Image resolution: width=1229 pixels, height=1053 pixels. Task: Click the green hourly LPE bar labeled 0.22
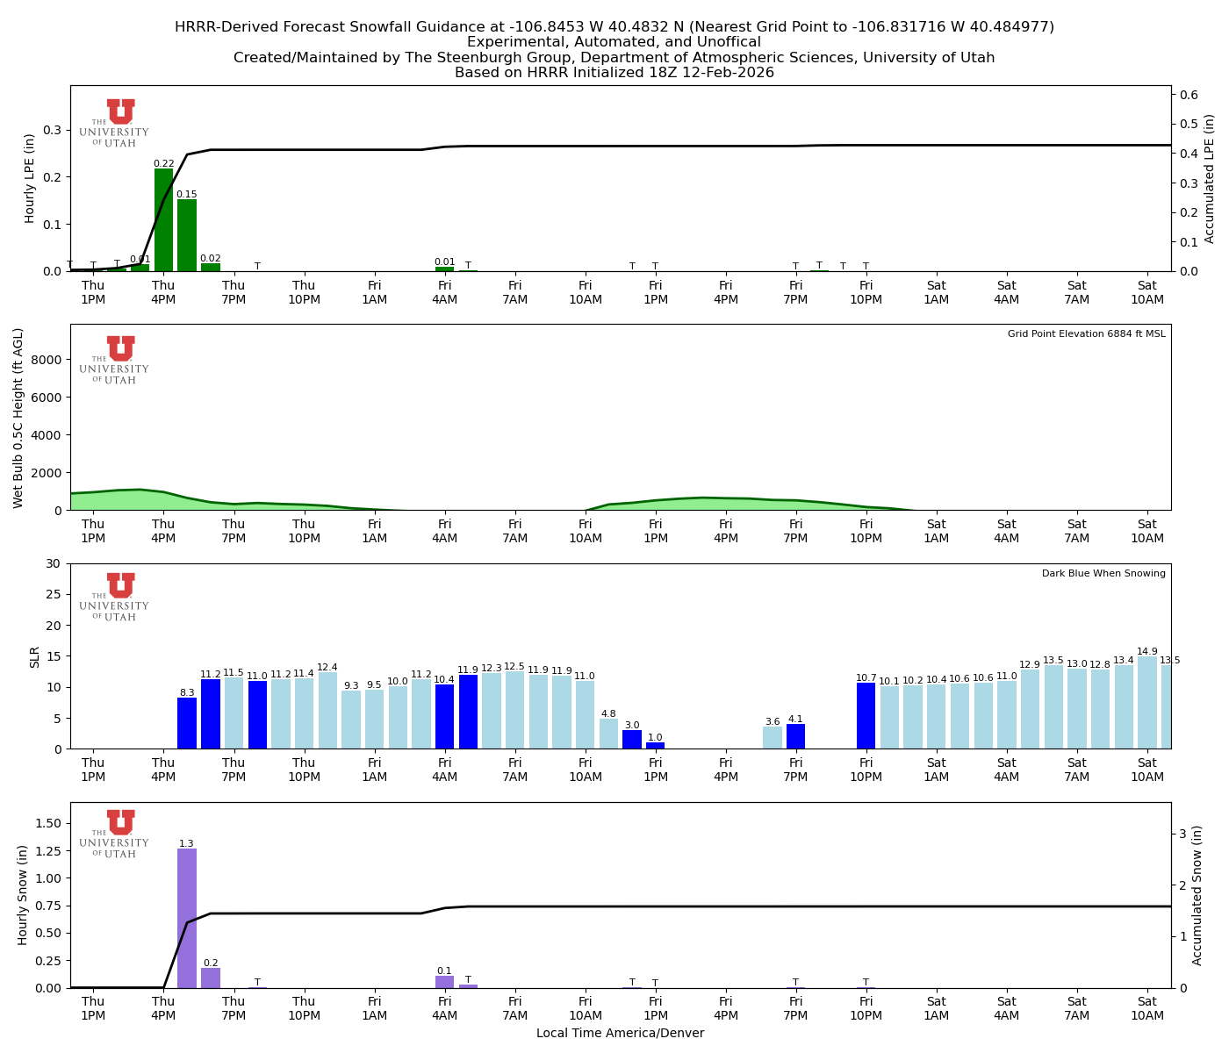click(x=163, y=219)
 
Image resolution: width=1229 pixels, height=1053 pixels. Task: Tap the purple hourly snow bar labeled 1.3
click(x=187, y=918)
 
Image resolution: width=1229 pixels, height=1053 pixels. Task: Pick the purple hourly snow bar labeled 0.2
click(x=211, y=978)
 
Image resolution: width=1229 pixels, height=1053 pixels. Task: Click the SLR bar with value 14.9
click(x=1147, y=703)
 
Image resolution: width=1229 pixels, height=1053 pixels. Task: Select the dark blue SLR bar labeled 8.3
click(x=187, y=723)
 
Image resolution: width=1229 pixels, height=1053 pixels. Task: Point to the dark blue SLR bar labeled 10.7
click(x=866, y=716)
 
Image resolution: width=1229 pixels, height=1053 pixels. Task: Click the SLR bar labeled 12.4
click(x=327, y=711)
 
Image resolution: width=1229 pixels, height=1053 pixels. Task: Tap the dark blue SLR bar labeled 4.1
click(x=795, y=736)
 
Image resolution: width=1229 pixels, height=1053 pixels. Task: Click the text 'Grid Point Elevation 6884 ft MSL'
click(x=1086, y=334)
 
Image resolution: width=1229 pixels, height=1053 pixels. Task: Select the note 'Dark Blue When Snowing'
click(x=1103, y=574)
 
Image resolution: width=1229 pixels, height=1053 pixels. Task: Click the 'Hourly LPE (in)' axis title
click(x=30, y=178)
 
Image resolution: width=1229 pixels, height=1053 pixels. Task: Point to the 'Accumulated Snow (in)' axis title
click(x=1197, y=895)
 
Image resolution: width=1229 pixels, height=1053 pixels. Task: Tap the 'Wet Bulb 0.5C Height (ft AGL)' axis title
click(x=18, y=418)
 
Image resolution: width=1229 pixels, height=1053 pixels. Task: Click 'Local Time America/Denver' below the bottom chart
click(x=620, y=1034)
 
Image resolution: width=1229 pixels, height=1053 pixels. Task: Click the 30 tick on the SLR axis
click(x=54, y=563)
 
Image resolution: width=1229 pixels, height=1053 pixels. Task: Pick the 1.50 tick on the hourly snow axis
click(x=47, y=823)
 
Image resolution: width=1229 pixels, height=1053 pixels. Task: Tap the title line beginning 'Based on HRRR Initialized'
click(x=614, y=73)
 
